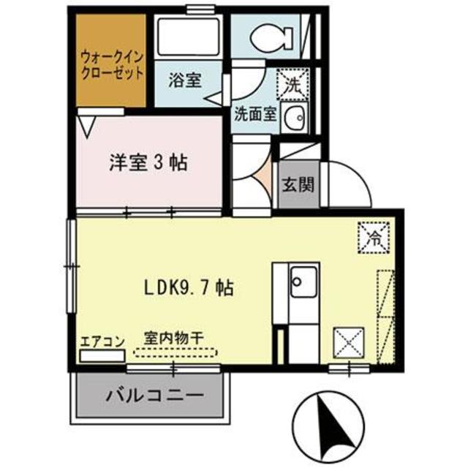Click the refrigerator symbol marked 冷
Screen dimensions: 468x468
click(374, 238)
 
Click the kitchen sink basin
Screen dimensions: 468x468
click(302, 279)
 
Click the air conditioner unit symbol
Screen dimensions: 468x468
click(102, 356)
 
